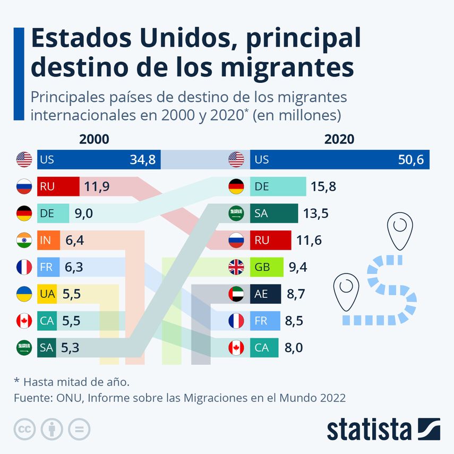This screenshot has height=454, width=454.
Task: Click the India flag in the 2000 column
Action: (24, 241)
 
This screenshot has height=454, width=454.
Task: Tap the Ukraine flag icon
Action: (24, 294)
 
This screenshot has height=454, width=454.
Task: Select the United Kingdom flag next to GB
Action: (236, 267)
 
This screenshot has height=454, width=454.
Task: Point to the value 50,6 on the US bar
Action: (410, 160)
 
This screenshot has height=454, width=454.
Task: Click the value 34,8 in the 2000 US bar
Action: (142, 160)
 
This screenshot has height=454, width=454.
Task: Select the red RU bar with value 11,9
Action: (58, 186)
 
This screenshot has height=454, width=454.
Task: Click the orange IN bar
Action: (48, 241)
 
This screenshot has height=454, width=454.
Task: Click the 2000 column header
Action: (94, 139)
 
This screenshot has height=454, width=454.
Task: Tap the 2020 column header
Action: (339, 139)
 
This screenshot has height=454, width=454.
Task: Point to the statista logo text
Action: (369, 429)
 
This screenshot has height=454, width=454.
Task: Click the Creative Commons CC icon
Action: (24, 429)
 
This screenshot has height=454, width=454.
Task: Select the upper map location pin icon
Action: (400, 230)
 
